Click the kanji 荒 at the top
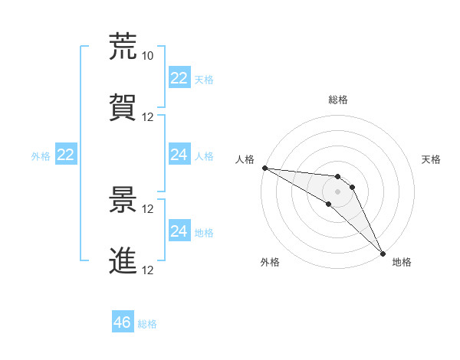pyautogui.click(x=123, y=47)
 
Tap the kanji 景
pyautogui.click(x=123, y=200)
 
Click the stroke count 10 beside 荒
pyautogui.click(x=148, y=55)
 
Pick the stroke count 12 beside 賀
pyautogui.click(x=148, y=116)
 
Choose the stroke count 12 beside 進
pyautogui.click(x=148, y=270)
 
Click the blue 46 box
pyautogui.click(x=123, y=322)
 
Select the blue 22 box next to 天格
pyautogui.click(x=179, y=78)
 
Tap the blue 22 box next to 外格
pyautogui.click(x=66, y=155)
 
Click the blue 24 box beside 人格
pyautogui.click(x=179, y=155)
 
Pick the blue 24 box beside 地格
pyautogui.click(x=179, y=231)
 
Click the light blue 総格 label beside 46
pyautogui.click(x=147, y=324)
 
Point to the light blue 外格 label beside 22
pyautogui.click(x=41, y=156)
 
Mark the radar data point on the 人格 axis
pyautogui.click(x=264, y=168)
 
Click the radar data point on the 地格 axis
pyautogui.click(x=382, y=253)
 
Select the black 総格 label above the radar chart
pyautogui.click(x=338, y=100)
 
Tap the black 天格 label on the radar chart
pyautogui.click(x=431, y=159)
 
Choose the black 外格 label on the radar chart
pyautogui.click(x=270, y=263)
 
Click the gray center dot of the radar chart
pyautogui.click(x=337, y=191)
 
